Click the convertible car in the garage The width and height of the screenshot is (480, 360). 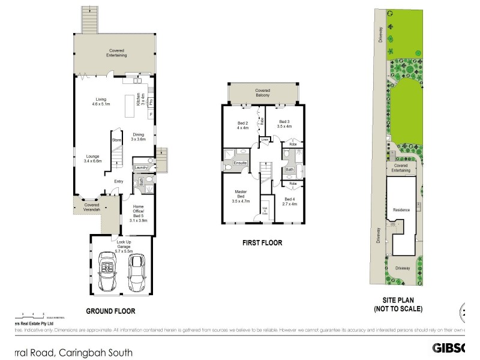click(110, 272)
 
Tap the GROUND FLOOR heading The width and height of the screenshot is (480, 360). click(110, 311)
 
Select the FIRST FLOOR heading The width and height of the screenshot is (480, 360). click(261, 244)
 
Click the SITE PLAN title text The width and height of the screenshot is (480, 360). click(398, 305)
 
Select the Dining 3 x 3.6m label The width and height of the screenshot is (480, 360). click(139, 137)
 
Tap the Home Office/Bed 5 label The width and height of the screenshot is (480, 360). click(139, 213)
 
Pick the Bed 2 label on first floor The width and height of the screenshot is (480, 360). click(242, 125)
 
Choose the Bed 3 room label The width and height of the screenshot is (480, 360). click(284, 124)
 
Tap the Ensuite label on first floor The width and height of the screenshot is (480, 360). click(240, 163)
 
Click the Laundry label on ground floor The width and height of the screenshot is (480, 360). click(141, 167)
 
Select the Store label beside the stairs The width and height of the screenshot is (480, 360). click(116, 140)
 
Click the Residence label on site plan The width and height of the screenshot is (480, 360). click(401, 210)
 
